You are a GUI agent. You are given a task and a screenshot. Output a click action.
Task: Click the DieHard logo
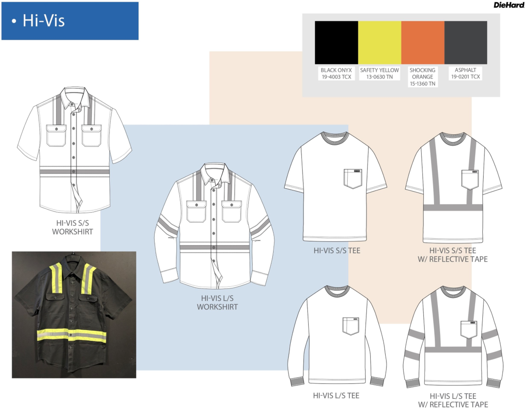tap(509, 5)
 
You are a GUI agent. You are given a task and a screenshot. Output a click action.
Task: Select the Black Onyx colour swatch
tap(336, 42)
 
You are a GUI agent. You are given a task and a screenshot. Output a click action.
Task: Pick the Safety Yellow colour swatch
tap(379, 42)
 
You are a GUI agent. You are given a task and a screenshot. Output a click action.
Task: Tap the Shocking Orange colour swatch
tap(422, 42)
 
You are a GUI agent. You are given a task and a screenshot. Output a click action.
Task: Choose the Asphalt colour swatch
tap(465, 42)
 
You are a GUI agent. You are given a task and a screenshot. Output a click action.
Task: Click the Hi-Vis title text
tap(44, 21)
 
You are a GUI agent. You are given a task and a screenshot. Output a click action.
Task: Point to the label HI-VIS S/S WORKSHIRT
tap(73, 227)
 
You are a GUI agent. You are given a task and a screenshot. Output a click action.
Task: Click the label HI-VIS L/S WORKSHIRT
tap(217, 303)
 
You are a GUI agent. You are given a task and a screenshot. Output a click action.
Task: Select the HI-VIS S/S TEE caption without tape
tap(337, 251)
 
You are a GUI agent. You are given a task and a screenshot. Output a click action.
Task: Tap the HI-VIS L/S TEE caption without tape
tap(336, 396)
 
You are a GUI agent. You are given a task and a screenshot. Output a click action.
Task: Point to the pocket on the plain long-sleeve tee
tap(351, 326)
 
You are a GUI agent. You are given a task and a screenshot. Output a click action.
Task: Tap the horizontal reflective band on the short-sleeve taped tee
tap(453, 208)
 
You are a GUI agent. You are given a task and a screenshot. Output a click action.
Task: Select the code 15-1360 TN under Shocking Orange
tap(422, 84)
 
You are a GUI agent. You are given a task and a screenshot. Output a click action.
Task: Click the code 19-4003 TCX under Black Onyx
tap(336, 77)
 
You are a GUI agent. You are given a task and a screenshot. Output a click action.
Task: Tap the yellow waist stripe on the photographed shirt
tap(71, 335)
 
